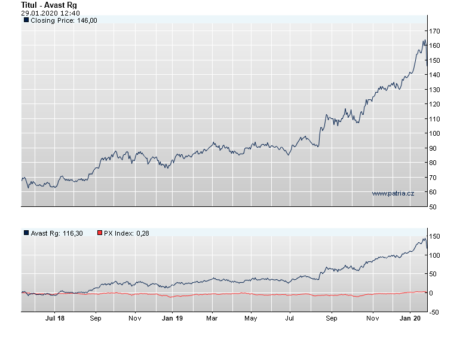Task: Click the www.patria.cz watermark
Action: click(393, 193)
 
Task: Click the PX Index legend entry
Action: click(126, 233)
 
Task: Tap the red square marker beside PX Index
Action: click(99, 233)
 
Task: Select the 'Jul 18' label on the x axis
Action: click(55, 319)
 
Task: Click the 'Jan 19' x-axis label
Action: click(172, 319)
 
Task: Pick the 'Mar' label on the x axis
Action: click(211, 319)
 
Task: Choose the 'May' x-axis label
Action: click(251, 319)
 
